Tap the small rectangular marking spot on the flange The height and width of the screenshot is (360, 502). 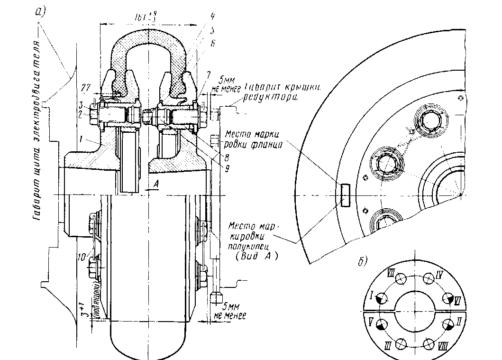coord(344,195)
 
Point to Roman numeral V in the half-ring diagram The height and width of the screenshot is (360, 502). coord(368,320)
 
